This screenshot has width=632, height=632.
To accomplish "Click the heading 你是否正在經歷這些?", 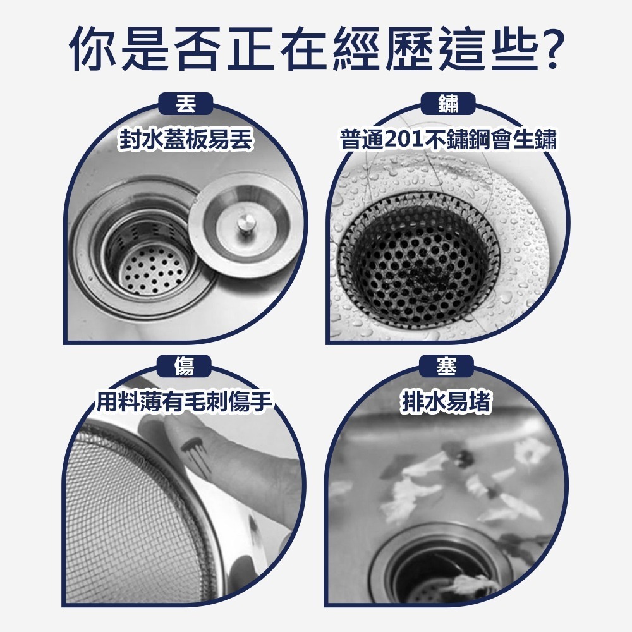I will click(x=315, y=48).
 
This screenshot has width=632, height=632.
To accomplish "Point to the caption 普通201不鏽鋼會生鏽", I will click(x=447, y=140).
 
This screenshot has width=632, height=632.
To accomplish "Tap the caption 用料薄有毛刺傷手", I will click(x=185, y=402).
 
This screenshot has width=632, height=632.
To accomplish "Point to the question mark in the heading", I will click(x=547, y=48).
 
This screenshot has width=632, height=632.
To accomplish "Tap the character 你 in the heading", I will click(x=94, y=48).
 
